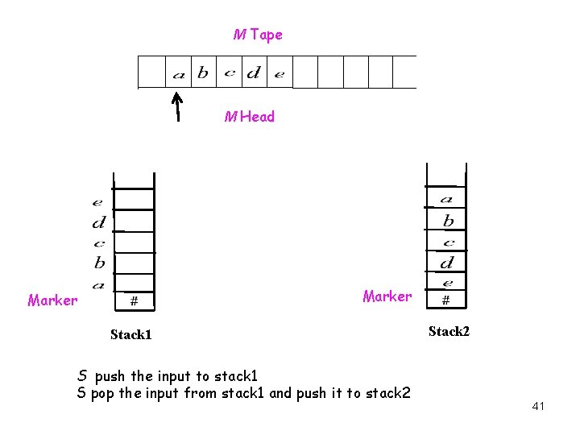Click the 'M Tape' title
pos(258,35)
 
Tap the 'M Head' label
pos(250,117)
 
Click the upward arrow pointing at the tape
pos(177,105)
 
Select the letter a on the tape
pos(179,75)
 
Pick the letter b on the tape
pos(202,73)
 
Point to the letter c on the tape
pos(229,73)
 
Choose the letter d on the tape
pos(253,73)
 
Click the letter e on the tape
pos(279,75)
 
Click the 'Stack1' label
pos(131,334)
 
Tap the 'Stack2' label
pos(449,331)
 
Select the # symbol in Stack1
pos(134,301)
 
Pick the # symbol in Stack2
pos(445,300)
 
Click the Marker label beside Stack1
pos(52,300)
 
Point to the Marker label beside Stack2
pos(387,296)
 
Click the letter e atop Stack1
pos(97,202)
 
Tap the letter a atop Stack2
pos(446,199)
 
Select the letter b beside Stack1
pos(99,263)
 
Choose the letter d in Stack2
pos(446,262)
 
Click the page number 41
pos(538,406)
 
